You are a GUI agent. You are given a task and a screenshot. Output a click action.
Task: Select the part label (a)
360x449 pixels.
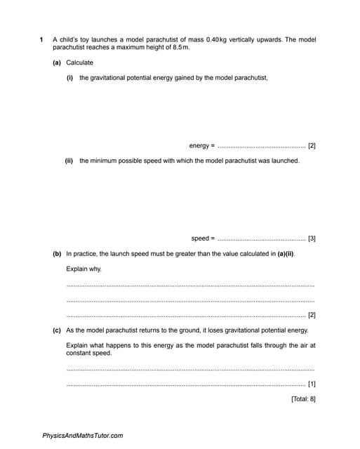coord(57,62)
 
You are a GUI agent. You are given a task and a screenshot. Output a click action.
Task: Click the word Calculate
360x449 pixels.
coord(79,62)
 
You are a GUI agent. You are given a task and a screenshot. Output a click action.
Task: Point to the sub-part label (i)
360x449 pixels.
coord(69,78)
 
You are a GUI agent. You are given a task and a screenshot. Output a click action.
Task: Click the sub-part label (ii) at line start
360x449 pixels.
coord(69,161)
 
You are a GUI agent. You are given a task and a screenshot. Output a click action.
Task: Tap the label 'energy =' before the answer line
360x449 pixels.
coord(201,146)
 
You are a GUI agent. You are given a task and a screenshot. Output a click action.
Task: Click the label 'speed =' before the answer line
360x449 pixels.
coord(203,239)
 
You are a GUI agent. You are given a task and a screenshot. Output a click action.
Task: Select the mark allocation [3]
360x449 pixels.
coord(312,239)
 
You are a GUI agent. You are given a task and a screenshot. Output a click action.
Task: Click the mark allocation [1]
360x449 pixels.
coord(312,384)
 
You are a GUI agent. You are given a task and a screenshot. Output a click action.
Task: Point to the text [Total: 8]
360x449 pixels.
coord(303,399)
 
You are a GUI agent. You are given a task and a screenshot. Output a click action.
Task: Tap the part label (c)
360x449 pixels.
coord(57,330)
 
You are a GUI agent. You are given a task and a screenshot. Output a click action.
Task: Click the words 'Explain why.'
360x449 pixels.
coord(84,269)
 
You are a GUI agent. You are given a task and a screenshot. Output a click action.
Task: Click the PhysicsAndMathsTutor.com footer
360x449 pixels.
coord(83,436)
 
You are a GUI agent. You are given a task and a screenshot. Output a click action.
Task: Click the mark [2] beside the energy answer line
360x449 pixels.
coord(312,146)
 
